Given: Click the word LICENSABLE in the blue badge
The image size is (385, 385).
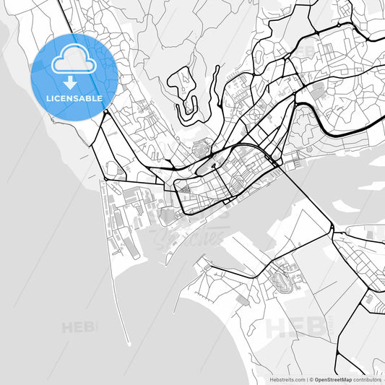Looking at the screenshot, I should [x=73, y=98].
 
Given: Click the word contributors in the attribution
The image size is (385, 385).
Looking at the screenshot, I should [x=367, y=378].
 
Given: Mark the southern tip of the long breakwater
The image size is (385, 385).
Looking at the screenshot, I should [x=129, y=344].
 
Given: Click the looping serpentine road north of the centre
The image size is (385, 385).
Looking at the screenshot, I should [x=186, y=90].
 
